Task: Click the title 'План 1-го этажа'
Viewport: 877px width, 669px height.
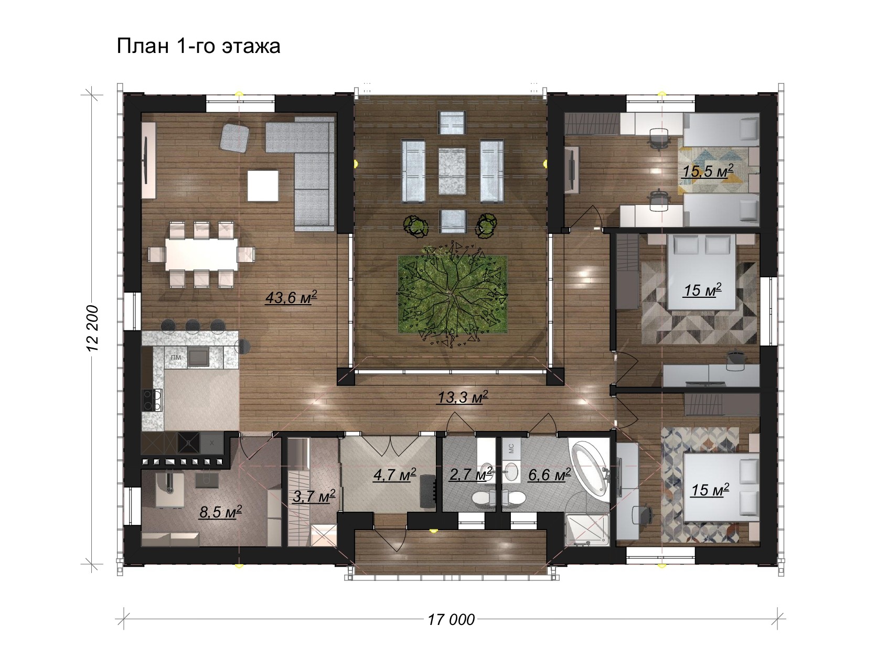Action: click(198, 46)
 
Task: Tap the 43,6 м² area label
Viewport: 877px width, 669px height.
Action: click(291, 298)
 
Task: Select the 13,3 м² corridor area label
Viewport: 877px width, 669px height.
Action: click(463, 397)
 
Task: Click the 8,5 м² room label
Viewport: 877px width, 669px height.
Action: click(220, 512)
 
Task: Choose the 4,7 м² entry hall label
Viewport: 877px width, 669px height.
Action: click(394, 475)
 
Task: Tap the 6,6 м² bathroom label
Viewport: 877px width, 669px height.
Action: click(549, 475)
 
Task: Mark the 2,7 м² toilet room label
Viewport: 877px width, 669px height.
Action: click(470, 475)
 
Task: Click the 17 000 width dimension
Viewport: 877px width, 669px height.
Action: click(451, 620)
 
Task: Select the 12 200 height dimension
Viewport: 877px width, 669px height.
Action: click(93, 328)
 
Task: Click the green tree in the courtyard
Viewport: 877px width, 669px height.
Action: click(452, 294)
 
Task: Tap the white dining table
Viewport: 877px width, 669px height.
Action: click(202, 254)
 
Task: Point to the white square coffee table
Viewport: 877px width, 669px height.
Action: click(262, 186)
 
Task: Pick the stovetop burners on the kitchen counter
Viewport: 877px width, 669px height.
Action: click(152, 400)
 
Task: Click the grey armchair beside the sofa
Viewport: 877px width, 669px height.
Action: click(235, 138)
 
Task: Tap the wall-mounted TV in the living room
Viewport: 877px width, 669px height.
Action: click(146, 160)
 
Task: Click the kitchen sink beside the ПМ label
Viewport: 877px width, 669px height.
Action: click(198, 356)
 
